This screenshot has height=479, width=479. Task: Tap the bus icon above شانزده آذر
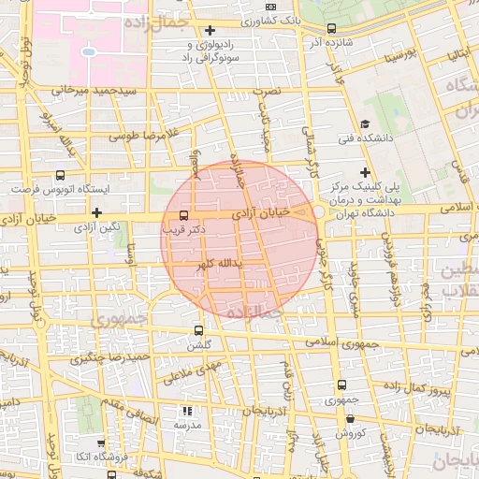pos(334,29)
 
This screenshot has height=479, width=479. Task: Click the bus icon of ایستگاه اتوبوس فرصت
pos(61,174)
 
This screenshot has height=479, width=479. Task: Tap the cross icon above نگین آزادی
pos(96,211)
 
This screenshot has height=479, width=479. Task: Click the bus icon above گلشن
pos(198,330)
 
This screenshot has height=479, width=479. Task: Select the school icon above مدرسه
pos(186,411)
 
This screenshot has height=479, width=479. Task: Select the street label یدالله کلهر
pos(218,265)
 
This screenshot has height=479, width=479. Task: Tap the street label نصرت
pos(270,93)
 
